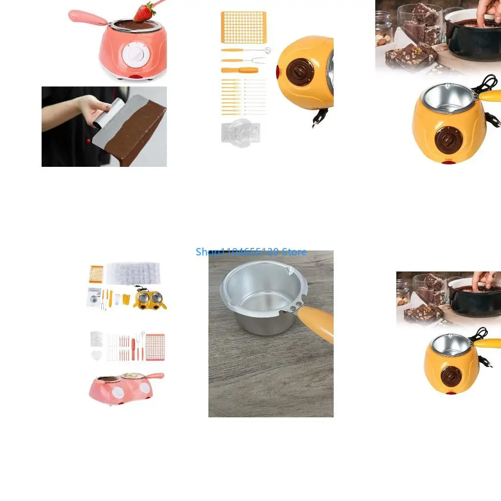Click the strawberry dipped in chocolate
tap(142, 14)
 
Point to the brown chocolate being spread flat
tap(140, 130)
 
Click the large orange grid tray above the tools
tap(244, 27)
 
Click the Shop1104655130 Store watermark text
tap(251, 252)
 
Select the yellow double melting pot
tap(149, 299)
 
